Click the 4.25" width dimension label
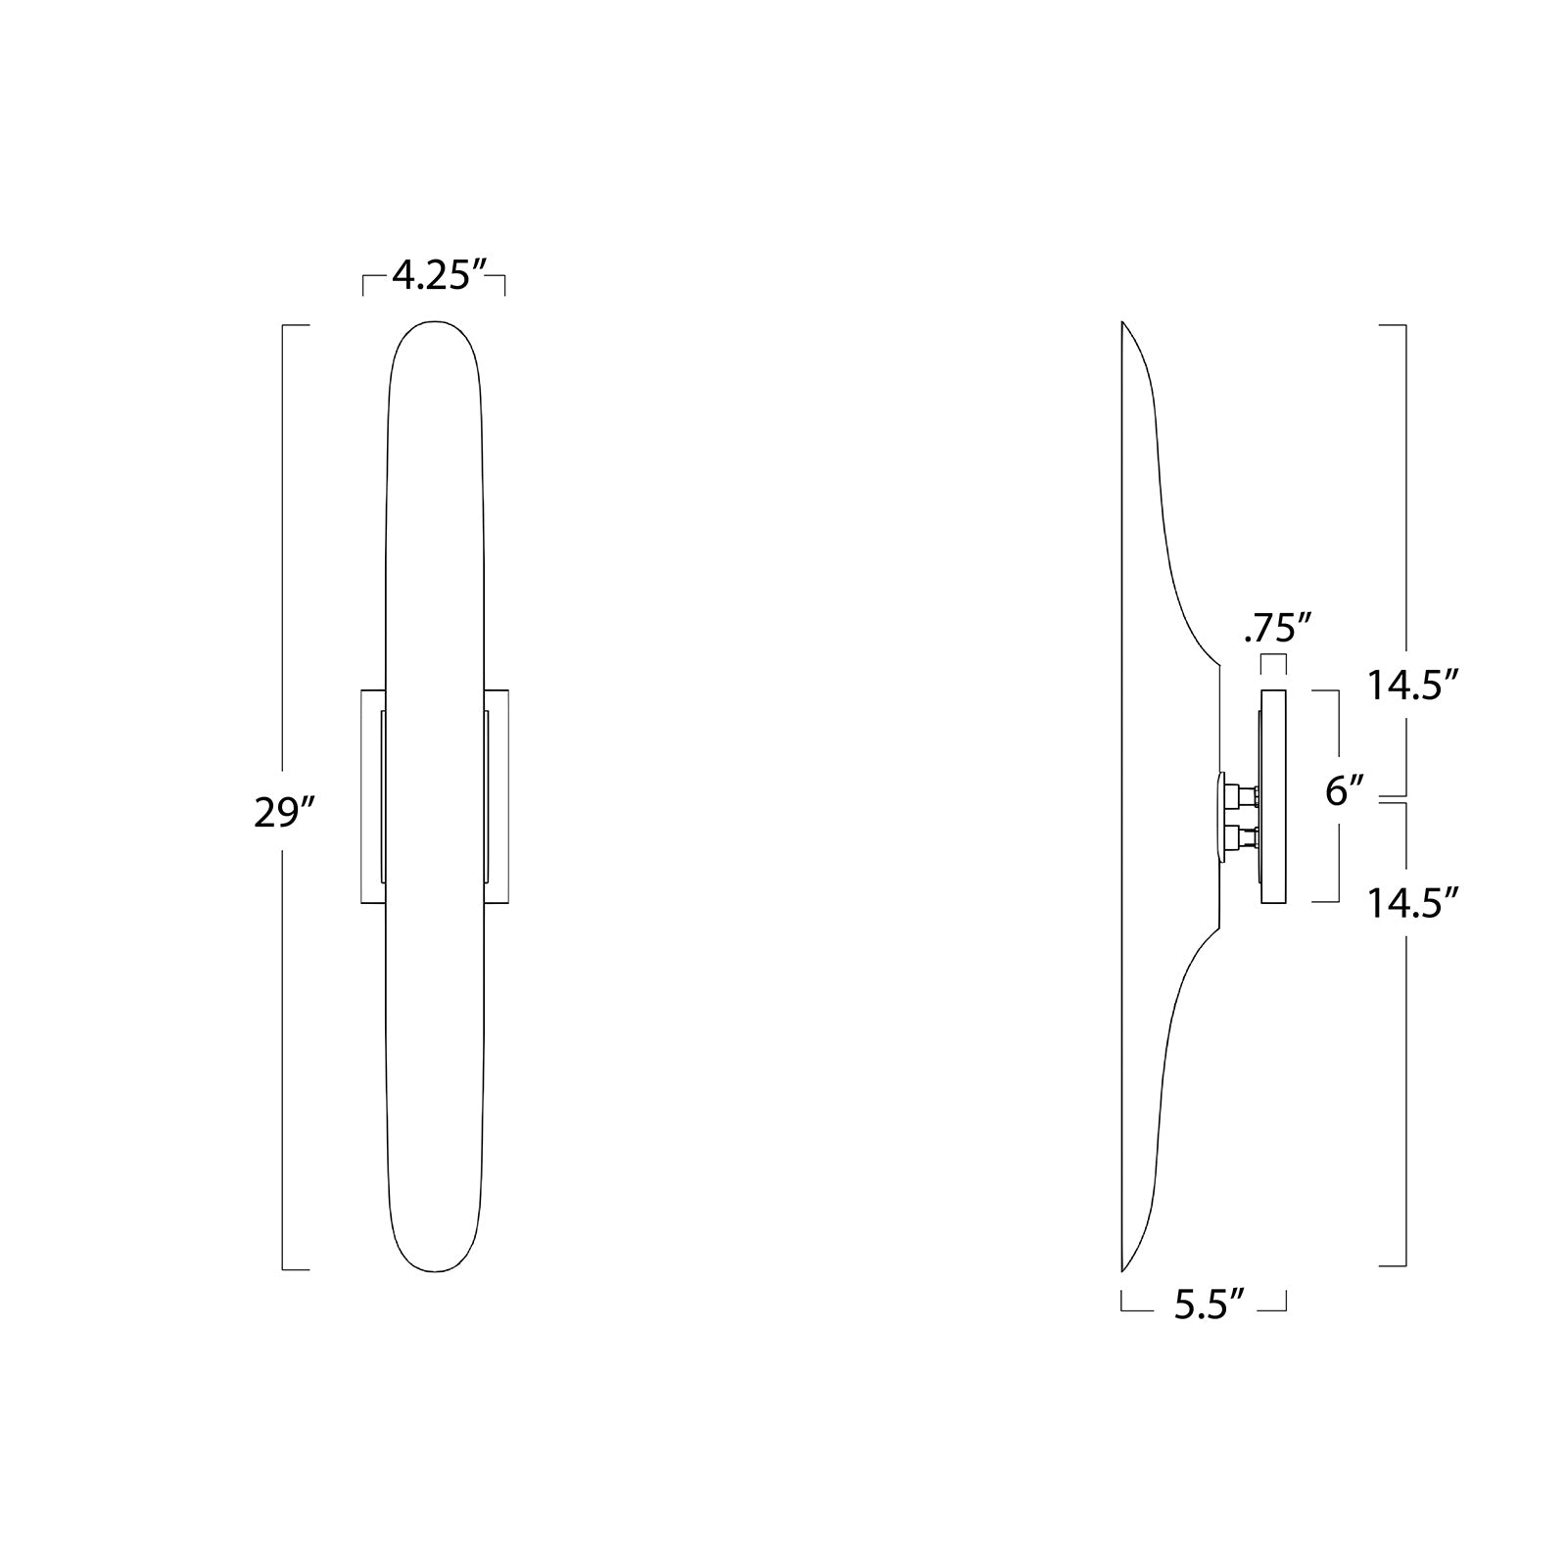pyautogui.click(x=439, y=277)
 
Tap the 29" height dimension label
pyautogui.click(x=283, y=812)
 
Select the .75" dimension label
pyautogui.click(x=1277, y=629)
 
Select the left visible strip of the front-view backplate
pyautogui.click(x=371, y=796)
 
